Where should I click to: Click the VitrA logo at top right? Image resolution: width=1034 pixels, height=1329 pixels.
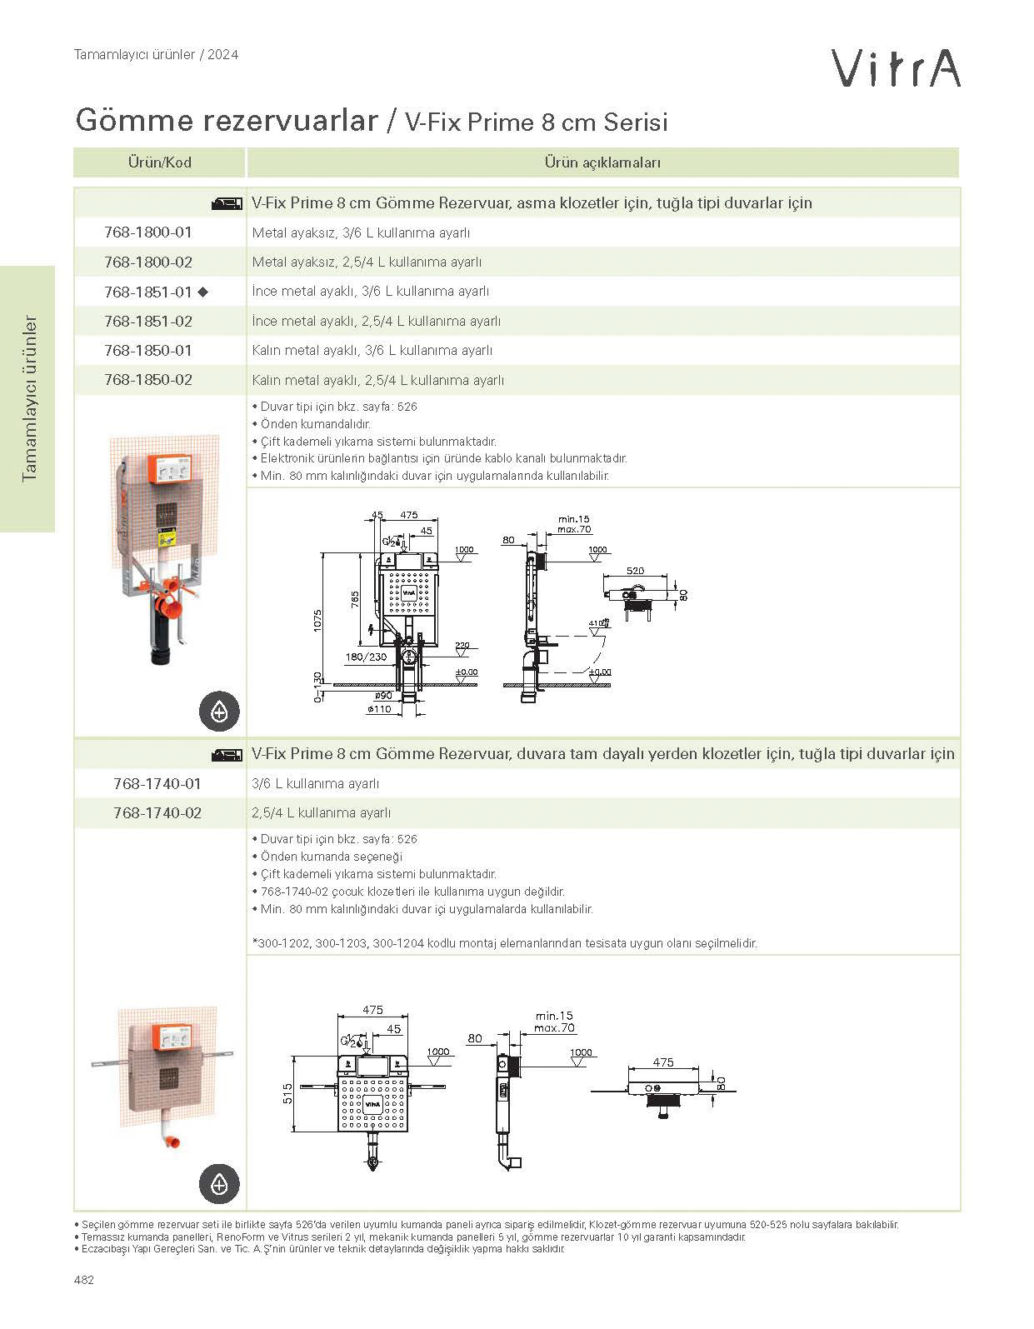pos(897,68)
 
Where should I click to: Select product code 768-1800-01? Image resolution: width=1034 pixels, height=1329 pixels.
pos(148,232)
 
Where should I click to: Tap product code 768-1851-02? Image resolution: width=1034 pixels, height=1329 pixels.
pos(148,321)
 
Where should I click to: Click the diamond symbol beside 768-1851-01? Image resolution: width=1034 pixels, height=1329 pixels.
pos(202,292)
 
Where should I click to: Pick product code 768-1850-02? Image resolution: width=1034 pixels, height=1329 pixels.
pos(148,380)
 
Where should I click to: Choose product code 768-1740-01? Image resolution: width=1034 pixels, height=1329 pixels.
pos(157,783)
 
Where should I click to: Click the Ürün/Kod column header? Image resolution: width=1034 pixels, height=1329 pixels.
pos(159,162)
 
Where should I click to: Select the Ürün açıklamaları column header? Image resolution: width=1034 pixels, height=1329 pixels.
pos(602,162)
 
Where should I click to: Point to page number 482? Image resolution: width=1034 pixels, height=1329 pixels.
pos(84,1280)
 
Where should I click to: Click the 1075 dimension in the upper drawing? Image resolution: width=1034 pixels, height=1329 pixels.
pos(317,619)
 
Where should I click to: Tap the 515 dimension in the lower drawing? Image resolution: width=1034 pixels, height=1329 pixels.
pos(287,1092)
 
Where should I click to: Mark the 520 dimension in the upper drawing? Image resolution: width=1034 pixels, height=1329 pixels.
pos(635,572)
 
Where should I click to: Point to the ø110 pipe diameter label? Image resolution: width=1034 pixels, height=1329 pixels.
pos(379,709)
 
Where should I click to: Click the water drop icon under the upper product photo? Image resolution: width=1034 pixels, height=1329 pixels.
pos(219,712)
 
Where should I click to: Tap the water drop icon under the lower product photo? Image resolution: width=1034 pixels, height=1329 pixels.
pos(219,1183)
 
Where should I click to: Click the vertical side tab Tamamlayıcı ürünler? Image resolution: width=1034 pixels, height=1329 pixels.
pos(31,398)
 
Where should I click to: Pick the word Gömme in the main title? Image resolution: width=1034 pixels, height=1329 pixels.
pos(127,121)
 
